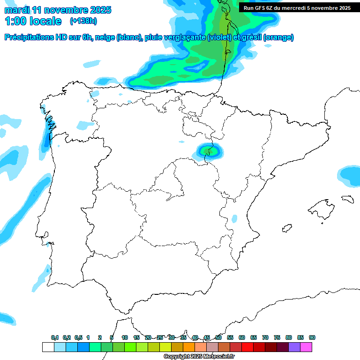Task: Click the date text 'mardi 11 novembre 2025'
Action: click(58, 10)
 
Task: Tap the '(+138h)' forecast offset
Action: click(83, 21)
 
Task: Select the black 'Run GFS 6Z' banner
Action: click(297, 7)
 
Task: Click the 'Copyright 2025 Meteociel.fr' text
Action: click(199, 357)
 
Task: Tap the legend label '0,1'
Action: click(55, 337)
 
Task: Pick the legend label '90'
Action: click(312, 337)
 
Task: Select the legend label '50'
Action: click(218, 337)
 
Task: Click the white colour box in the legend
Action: click(48, 347)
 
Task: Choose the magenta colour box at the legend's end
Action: click(306, 347)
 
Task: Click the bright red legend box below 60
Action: click(247, 347)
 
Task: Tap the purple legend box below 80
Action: click(294, 347)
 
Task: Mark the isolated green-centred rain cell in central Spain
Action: click(209, 151)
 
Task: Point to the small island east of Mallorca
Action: click(347, 199)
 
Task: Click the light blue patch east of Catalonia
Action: click(349, 174)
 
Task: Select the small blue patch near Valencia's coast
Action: click(234, 218)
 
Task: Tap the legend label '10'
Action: click(125, 337)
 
